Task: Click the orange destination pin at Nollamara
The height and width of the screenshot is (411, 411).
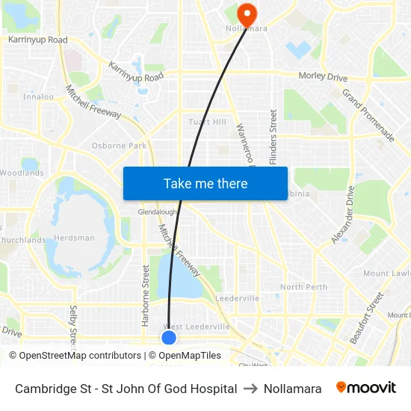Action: [247, 13]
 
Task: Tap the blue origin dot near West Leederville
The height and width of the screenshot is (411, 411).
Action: [169, 338]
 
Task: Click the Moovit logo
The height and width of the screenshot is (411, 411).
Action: [366, 388]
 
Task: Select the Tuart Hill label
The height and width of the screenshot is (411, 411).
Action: [208, 122]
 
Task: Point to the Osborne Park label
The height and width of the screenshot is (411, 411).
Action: [119, 146]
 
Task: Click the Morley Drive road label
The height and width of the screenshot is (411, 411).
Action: [323, 76]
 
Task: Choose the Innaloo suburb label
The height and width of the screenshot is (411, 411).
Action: [38, 96]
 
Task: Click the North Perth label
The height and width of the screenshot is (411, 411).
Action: [303, 287]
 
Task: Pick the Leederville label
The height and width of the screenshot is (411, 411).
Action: [237, 298]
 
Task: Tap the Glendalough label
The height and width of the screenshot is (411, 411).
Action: [156, 212]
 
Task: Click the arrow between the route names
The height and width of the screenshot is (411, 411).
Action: [250, 389]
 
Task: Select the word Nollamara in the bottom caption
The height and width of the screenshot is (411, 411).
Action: [292, 389]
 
